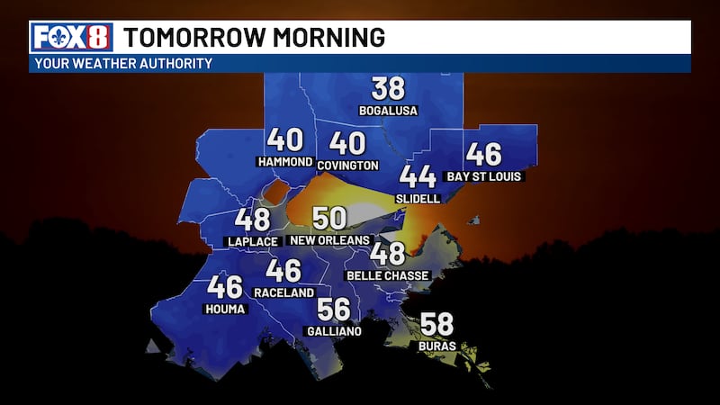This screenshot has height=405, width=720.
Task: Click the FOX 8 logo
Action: [73, 37]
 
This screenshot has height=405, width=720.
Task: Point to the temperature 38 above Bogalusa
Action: [389, 89]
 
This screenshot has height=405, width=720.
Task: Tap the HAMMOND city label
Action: [284, 162]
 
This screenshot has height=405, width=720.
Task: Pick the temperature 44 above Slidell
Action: [418, 176]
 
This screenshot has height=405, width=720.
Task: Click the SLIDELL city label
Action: [418, 198]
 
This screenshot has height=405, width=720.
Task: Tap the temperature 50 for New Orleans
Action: [330, 219]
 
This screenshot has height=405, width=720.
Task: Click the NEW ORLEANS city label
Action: [330, 240]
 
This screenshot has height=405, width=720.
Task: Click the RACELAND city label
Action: [283, 292]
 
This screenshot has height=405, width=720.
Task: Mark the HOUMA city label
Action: [225, 309]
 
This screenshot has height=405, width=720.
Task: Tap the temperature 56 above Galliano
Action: [333, 310]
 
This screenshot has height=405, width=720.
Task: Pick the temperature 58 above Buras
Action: [436, 324]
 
